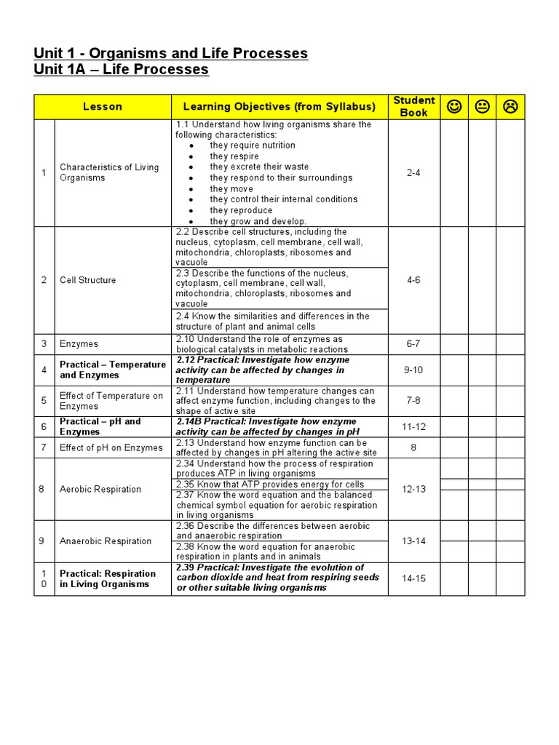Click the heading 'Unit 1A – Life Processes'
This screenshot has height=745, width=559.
[121, 70]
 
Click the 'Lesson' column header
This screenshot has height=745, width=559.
[103, 107]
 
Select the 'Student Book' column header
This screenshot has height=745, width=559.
[413, 106]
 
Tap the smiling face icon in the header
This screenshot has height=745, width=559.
[454, 107]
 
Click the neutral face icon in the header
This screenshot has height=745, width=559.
[483, 107]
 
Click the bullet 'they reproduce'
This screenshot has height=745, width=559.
[241, 210]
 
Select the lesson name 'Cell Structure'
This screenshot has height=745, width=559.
[87, 280]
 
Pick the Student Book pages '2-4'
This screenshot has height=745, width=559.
[413, 172]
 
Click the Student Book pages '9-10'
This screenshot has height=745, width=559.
[413, 370]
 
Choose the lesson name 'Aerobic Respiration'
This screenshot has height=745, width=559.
[100, 490]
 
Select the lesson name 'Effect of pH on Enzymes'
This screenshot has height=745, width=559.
[111, 448]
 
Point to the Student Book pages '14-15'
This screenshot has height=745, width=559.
[413, 578]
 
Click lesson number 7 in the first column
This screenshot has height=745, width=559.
[44, 448]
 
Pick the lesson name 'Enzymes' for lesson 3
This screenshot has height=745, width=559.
[79, 344]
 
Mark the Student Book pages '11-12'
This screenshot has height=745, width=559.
[413, 427]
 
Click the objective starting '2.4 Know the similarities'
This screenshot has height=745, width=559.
[272, 322]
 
